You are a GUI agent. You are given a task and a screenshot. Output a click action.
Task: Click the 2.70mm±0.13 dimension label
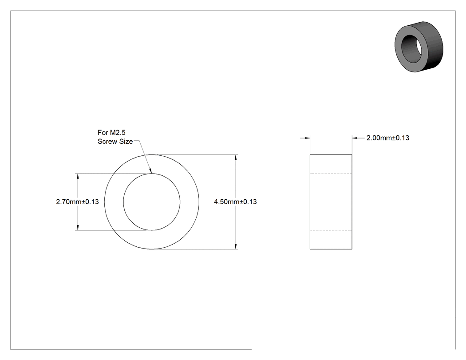[77, 202]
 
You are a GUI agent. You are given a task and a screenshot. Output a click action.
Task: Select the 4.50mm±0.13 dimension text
[235, 202]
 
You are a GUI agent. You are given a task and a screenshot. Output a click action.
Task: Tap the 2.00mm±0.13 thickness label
[388, 138]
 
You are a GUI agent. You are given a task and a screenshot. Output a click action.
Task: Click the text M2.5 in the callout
[118, 133]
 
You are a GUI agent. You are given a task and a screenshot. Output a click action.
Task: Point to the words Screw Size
[115, 142]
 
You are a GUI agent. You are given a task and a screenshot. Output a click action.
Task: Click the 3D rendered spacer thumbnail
[419, 47]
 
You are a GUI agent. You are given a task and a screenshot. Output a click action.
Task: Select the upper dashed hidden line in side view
[331, 173]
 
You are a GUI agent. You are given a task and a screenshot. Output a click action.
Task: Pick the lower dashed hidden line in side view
[331, 230]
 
